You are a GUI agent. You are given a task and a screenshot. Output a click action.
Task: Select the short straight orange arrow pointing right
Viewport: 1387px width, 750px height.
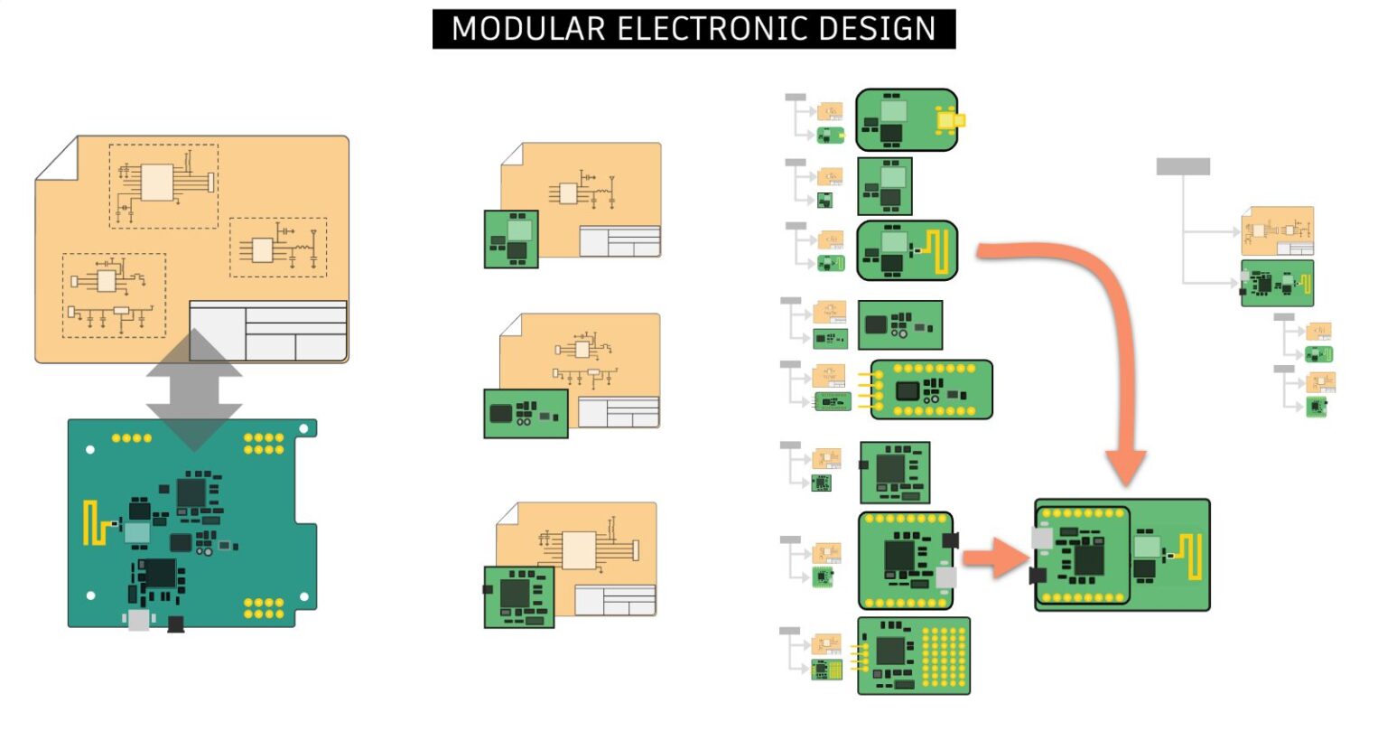[x=994, y=557]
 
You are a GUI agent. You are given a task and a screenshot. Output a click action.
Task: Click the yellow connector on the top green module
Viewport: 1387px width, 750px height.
[x=950, y=120]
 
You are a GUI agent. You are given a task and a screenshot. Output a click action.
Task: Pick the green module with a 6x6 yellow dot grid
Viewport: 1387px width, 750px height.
[x=913, y=656]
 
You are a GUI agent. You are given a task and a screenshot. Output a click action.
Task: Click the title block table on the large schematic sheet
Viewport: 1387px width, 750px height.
[x=268, y=331]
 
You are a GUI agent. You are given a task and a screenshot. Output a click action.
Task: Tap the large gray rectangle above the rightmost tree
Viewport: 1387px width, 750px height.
[x=1183, y=166]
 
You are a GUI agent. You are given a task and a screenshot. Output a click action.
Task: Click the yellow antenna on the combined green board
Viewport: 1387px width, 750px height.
[x=1195, y=555]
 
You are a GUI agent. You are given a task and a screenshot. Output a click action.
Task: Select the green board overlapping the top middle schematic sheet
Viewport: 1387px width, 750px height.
[x=511, y=239]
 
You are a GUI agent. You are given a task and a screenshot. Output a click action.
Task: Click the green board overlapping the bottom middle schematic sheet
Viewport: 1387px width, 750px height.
[x=519, y=596]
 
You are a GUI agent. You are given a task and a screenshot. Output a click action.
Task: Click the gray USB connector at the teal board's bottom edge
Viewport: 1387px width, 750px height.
[x=139, y=619]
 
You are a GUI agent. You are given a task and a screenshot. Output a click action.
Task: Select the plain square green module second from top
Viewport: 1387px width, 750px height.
[x=884, y=186]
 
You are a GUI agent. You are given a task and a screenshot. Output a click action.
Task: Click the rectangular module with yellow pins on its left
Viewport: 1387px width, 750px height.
[x=930, y=389]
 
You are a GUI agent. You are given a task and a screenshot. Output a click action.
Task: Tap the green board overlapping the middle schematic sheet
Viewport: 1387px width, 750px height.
[x=526, y=414]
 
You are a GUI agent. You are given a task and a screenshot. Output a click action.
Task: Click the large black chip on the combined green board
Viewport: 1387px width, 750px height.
[x=1087, y=558]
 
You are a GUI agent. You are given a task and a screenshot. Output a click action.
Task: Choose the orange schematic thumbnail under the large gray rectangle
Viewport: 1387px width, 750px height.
[x=1277, y=231]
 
